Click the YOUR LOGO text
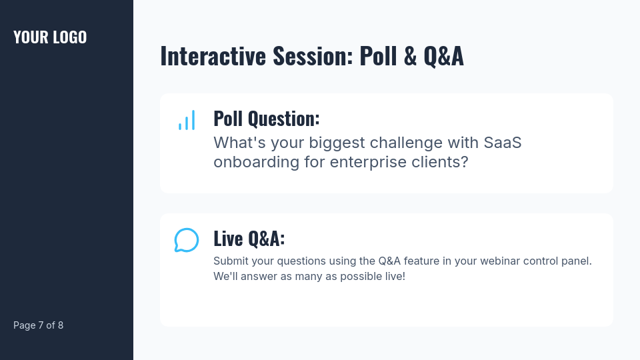click(50, 37)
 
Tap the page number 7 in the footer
click(41, 325)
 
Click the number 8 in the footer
click(61, 325)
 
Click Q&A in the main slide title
click(443, 57)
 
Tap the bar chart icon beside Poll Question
click(187, 121)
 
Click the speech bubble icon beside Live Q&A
click(187, 241)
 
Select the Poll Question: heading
click(267, 119)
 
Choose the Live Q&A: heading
click(249, 238)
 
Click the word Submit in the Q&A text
click(231, 261)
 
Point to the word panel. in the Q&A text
click(575, 261)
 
